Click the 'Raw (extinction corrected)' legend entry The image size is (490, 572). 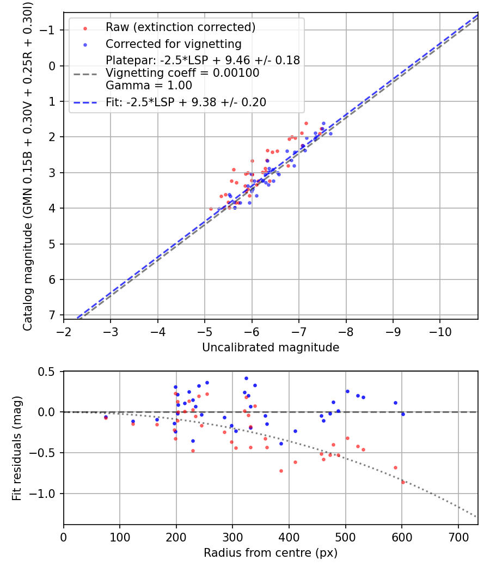click(x=180, y=27)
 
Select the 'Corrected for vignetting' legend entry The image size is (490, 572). click(x=174, y=44)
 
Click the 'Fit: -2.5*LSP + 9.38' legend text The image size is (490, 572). click(x=186, y=102)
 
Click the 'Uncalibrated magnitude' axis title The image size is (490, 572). click(x=271, y=348)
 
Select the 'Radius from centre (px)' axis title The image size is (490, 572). click(x=271, y=553)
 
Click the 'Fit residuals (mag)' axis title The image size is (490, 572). click(x=17, y=448)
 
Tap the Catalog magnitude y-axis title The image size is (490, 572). click(x=27, y=165)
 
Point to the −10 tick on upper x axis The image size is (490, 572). click(x=440, y=331)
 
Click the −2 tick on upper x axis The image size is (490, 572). click(x=64, y=331)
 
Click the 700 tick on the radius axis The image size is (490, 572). click(x=458, y=537)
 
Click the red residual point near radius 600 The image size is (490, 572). click(x=403, y=482)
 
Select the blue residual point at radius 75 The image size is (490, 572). click(x=106, y=417)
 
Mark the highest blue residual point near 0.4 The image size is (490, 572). click(x=246, y=378)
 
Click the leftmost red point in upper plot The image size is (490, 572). click(x=211, y=209)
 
